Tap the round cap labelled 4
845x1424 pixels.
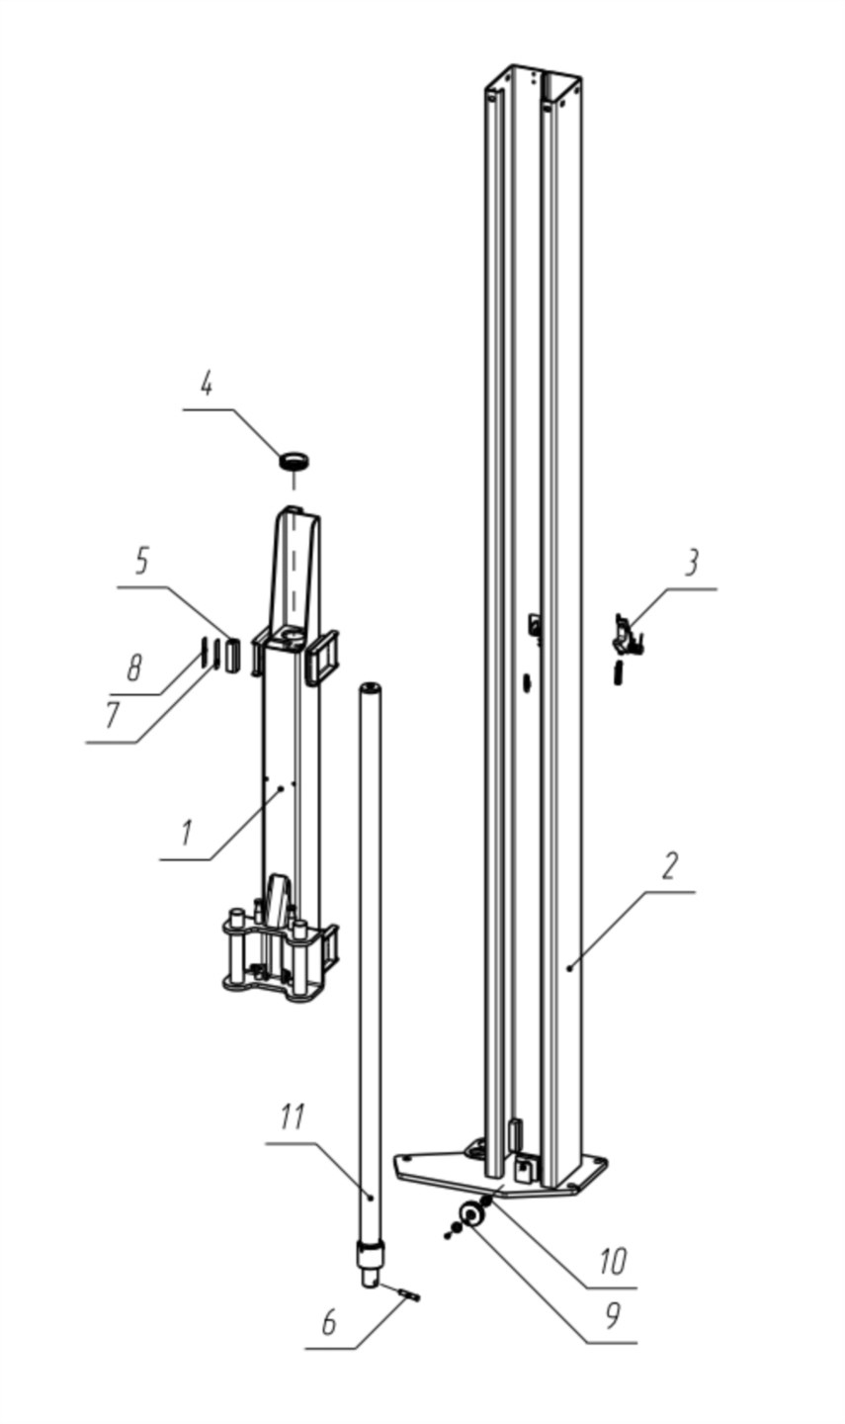pos(294,460)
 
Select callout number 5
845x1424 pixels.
pos(141,562)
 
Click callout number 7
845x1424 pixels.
pos(113,716)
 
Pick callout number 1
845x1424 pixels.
pos(186,833)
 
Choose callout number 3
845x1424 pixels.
pos(692,564)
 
